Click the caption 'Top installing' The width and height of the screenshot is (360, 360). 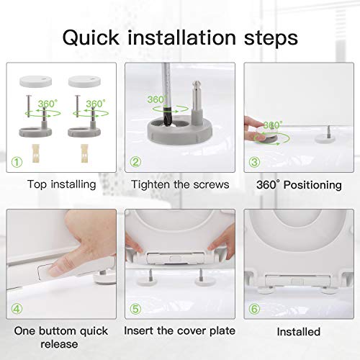click(61, 184)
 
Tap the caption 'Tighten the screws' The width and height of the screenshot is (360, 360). click(180, 184)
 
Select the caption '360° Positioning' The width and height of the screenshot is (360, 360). click(299, 185)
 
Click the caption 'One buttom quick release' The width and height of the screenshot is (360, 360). click(61, 337)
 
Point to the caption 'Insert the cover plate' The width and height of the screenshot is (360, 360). click(180, 330)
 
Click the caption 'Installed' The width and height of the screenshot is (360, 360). click(299, 331)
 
